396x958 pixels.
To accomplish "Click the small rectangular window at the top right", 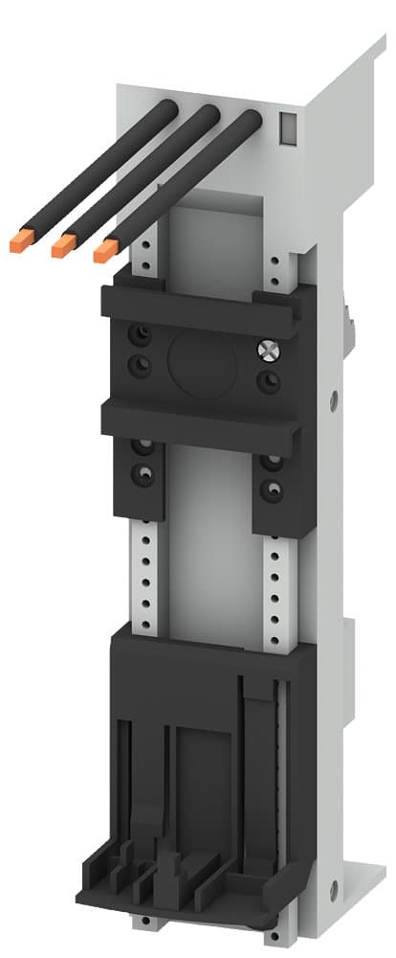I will (286, 126).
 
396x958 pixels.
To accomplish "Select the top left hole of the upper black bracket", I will (141, 332).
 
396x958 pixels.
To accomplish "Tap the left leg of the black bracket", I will (142, 479).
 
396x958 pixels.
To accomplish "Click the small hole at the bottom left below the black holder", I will (146, 924).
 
